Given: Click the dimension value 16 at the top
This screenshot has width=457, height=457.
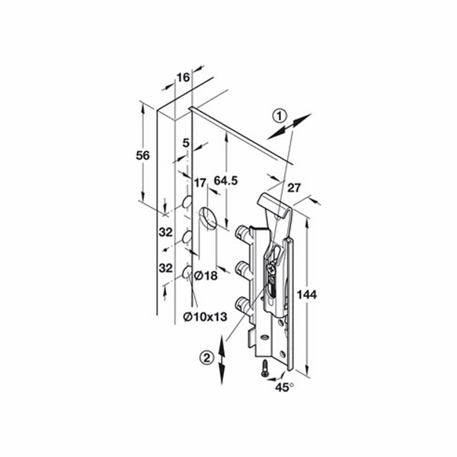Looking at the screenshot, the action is pyautogui.click(x=184, y=78).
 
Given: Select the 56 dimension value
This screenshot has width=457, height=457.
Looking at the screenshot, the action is pyautogui.click(x=143, y=155).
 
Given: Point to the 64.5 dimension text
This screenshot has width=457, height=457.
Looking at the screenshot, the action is pyautogui.click(x=226, y=181).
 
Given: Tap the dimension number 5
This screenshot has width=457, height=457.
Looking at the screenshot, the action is pyautogui.click(x=186, y=143).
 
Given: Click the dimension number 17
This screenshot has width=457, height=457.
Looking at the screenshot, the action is pyautogui.click(x=200, y=183).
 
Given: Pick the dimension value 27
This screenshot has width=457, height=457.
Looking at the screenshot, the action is pyautogui.click(x=294, y=187).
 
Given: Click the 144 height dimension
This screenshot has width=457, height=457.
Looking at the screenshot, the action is pyautogui.click(x=307, y=295).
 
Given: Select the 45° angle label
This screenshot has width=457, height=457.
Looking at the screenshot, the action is pyautogui.click(x=284, y=388).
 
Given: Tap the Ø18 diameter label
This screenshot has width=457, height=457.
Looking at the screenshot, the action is pyautogui.click(x=206, y=276).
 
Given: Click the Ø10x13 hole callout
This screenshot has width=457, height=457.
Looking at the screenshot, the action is pyautogui.click(x=205, y=317).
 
